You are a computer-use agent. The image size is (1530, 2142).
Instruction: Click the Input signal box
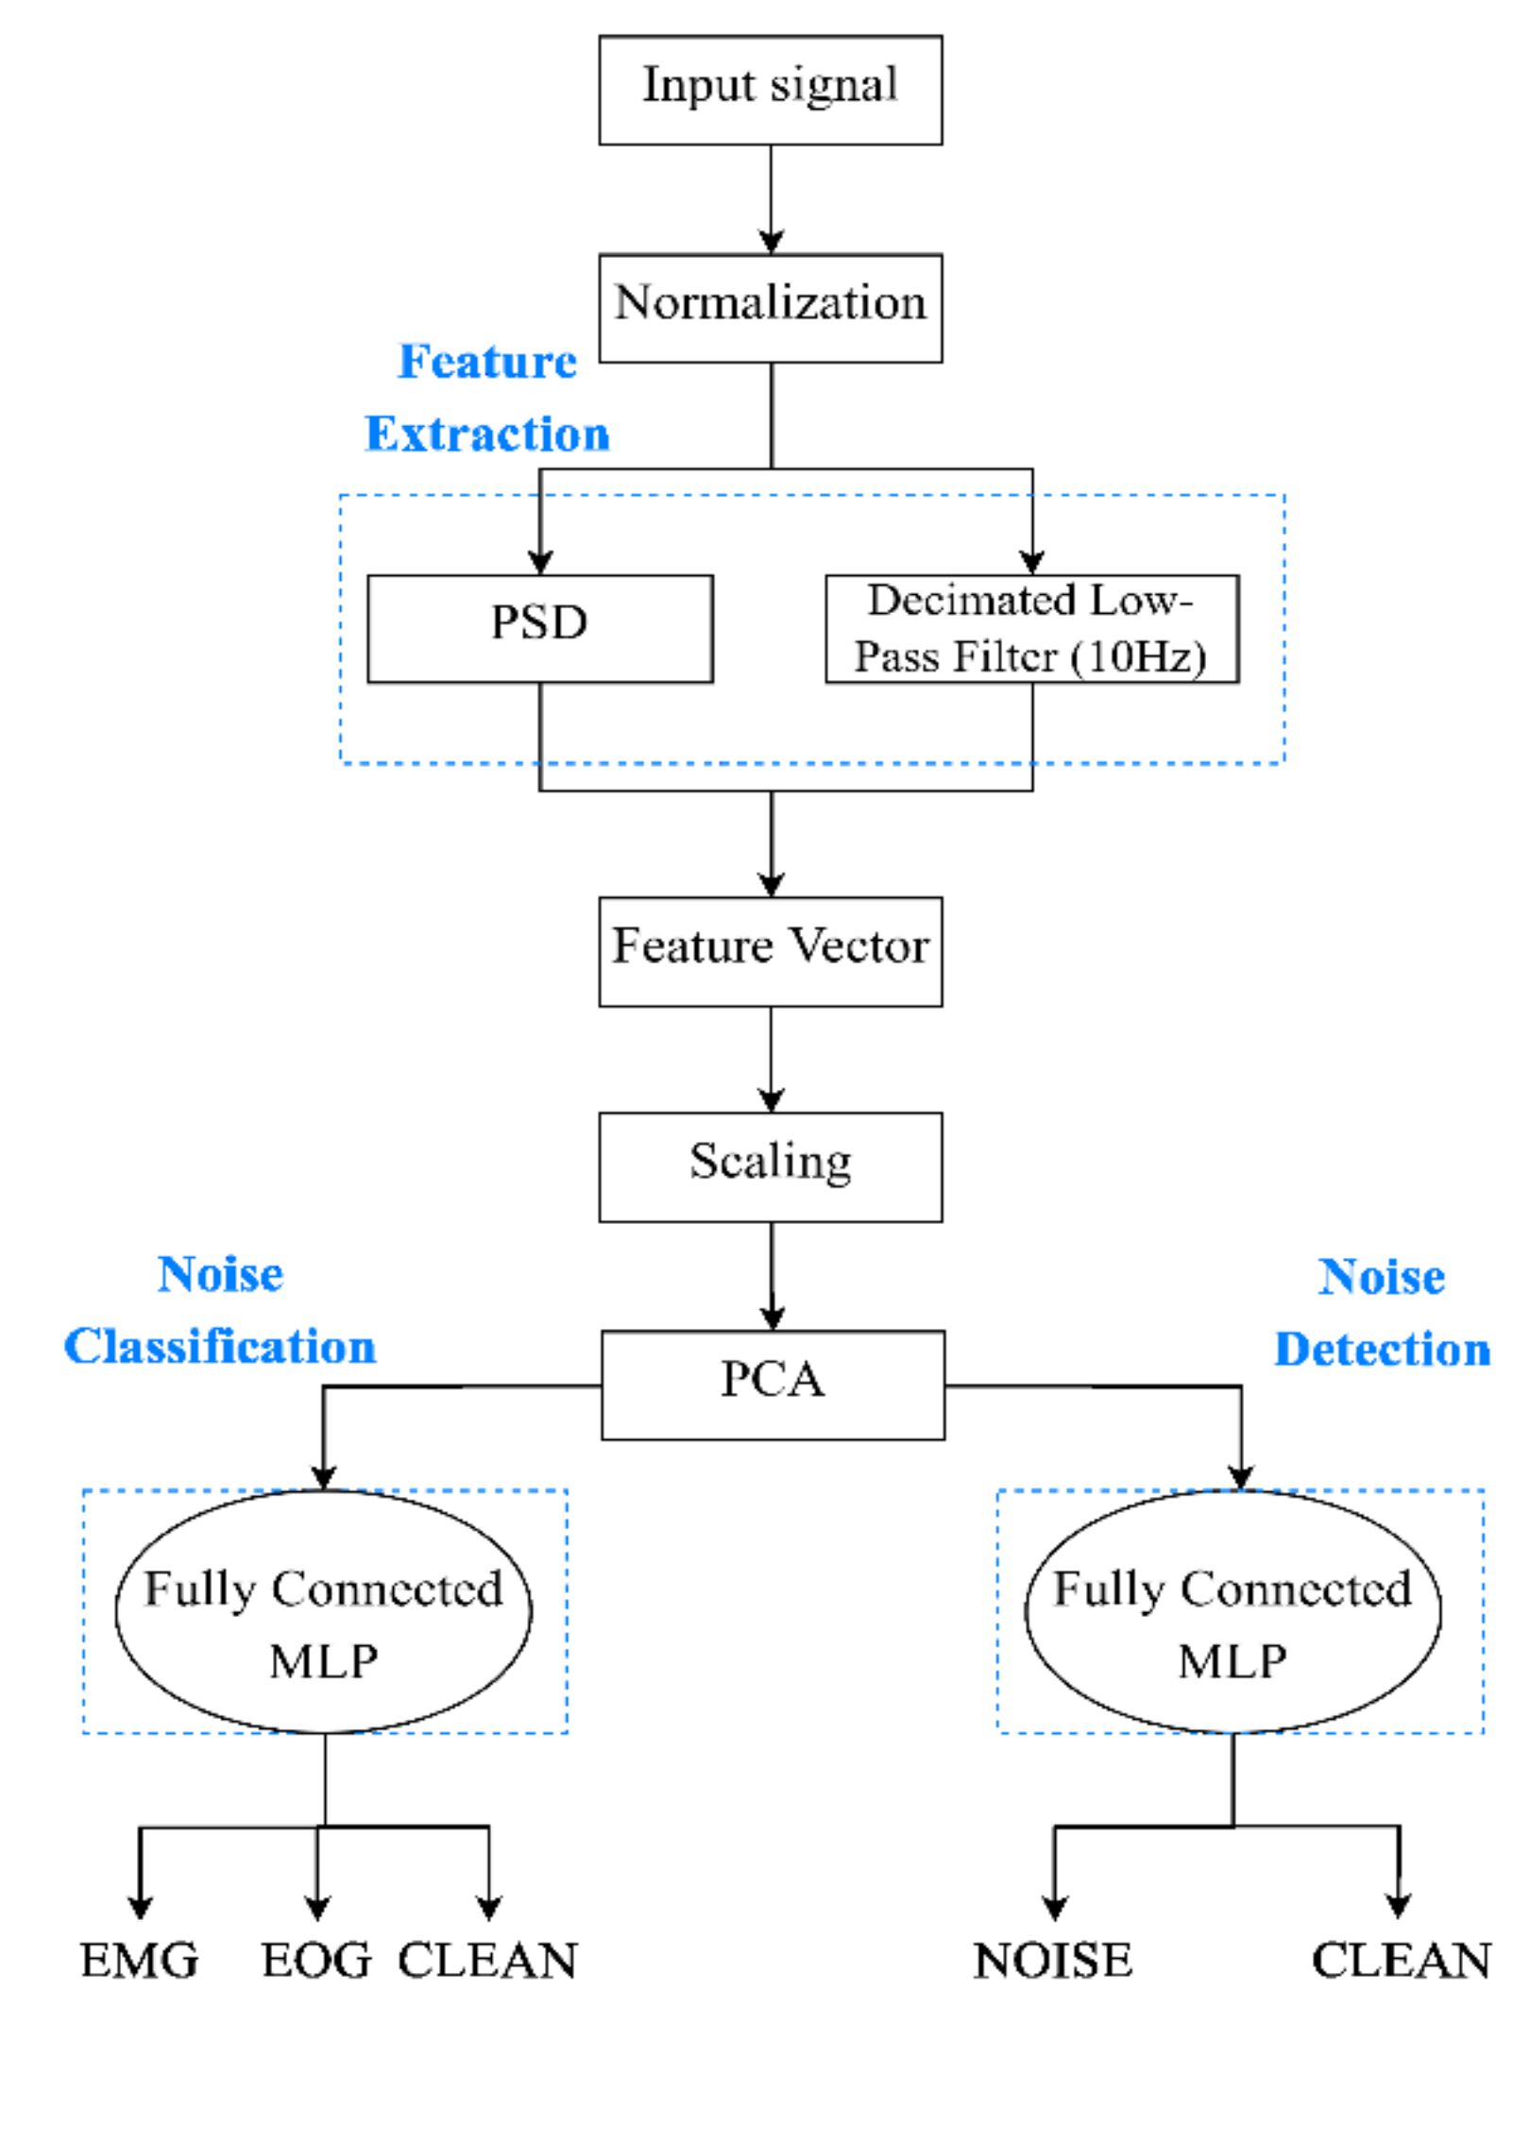[770, 90]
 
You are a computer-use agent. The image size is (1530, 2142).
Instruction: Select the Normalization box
[770, 307]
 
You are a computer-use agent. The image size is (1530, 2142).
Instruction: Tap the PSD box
[539, 628]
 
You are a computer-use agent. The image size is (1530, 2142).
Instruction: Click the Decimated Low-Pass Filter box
[1031, 628]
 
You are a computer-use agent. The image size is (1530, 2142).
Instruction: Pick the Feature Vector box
[770, 951]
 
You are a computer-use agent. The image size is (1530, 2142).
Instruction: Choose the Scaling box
[770, 1166]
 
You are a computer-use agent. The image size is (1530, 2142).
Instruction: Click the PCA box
[772, 1385]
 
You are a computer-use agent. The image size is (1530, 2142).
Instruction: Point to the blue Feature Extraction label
[487, 399]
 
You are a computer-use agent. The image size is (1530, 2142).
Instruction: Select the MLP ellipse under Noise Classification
[323, 1611]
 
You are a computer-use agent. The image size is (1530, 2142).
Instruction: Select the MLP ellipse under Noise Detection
[1232, 1611]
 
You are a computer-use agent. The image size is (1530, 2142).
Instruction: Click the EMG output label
[139, 1961]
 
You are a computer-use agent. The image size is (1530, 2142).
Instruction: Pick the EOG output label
[316, 1961]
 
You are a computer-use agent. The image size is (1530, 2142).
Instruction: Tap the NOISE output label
[1053, 1961]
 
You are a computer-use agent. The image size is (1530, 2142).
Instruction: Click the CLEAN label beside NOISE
[1401, 1961]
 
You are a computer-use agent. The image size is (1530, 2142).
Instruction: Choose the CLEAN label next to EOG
[487, 1961]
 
